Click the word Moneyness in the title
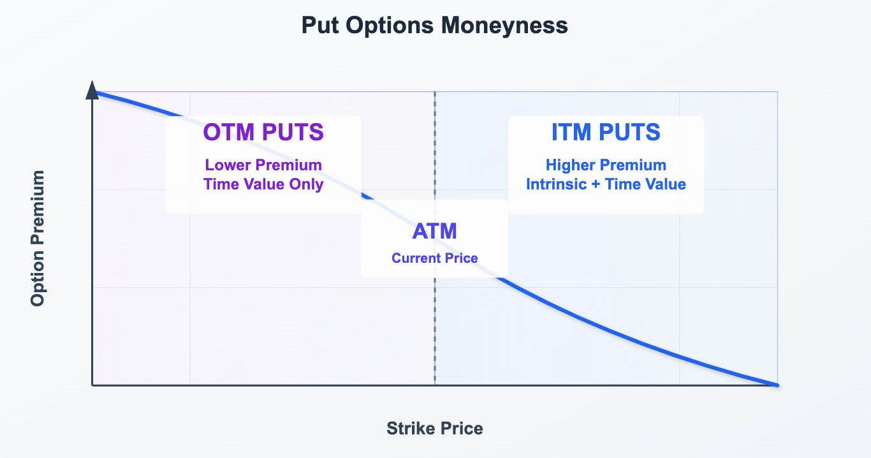tap(504, 26)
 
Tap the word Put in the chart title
tap(320, 26)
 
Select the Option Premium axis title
tap(38, 238)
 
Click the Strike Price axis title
tap(435, 429)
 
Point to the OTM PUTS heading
tap(263, 132)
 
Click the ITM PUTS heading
tap(606, 132)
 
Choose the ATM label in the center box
tap(434, 231)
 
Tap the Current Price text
tap(434, 258)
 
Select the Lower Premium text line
tap(263, 165)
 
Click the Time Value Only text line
tap(263, 184)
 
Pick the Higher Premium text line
tap(606, 165)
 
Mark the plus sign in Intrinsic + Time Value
tap(596, 184)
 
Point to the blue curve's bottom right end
tap(777, 385)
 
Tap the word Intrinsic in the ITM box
tap(556, 184)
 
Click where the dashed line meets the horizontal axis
tap(435, 385)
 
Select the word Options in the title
tap(390, 26)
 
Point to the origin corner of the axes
tap(92, 385)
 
